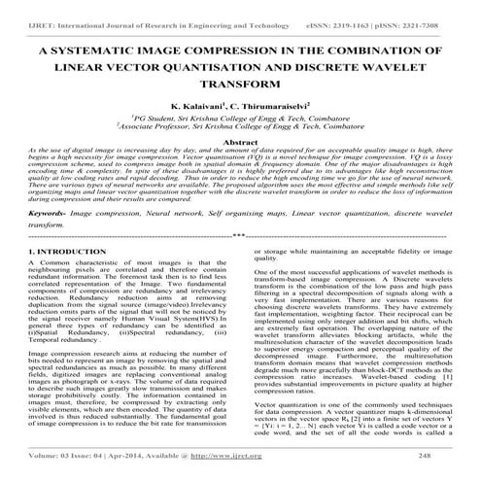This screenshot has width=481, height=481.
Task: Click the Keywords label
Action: pos(49,211)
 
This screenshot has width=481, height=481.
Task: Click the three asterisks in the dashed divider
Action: pos(239,235)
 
